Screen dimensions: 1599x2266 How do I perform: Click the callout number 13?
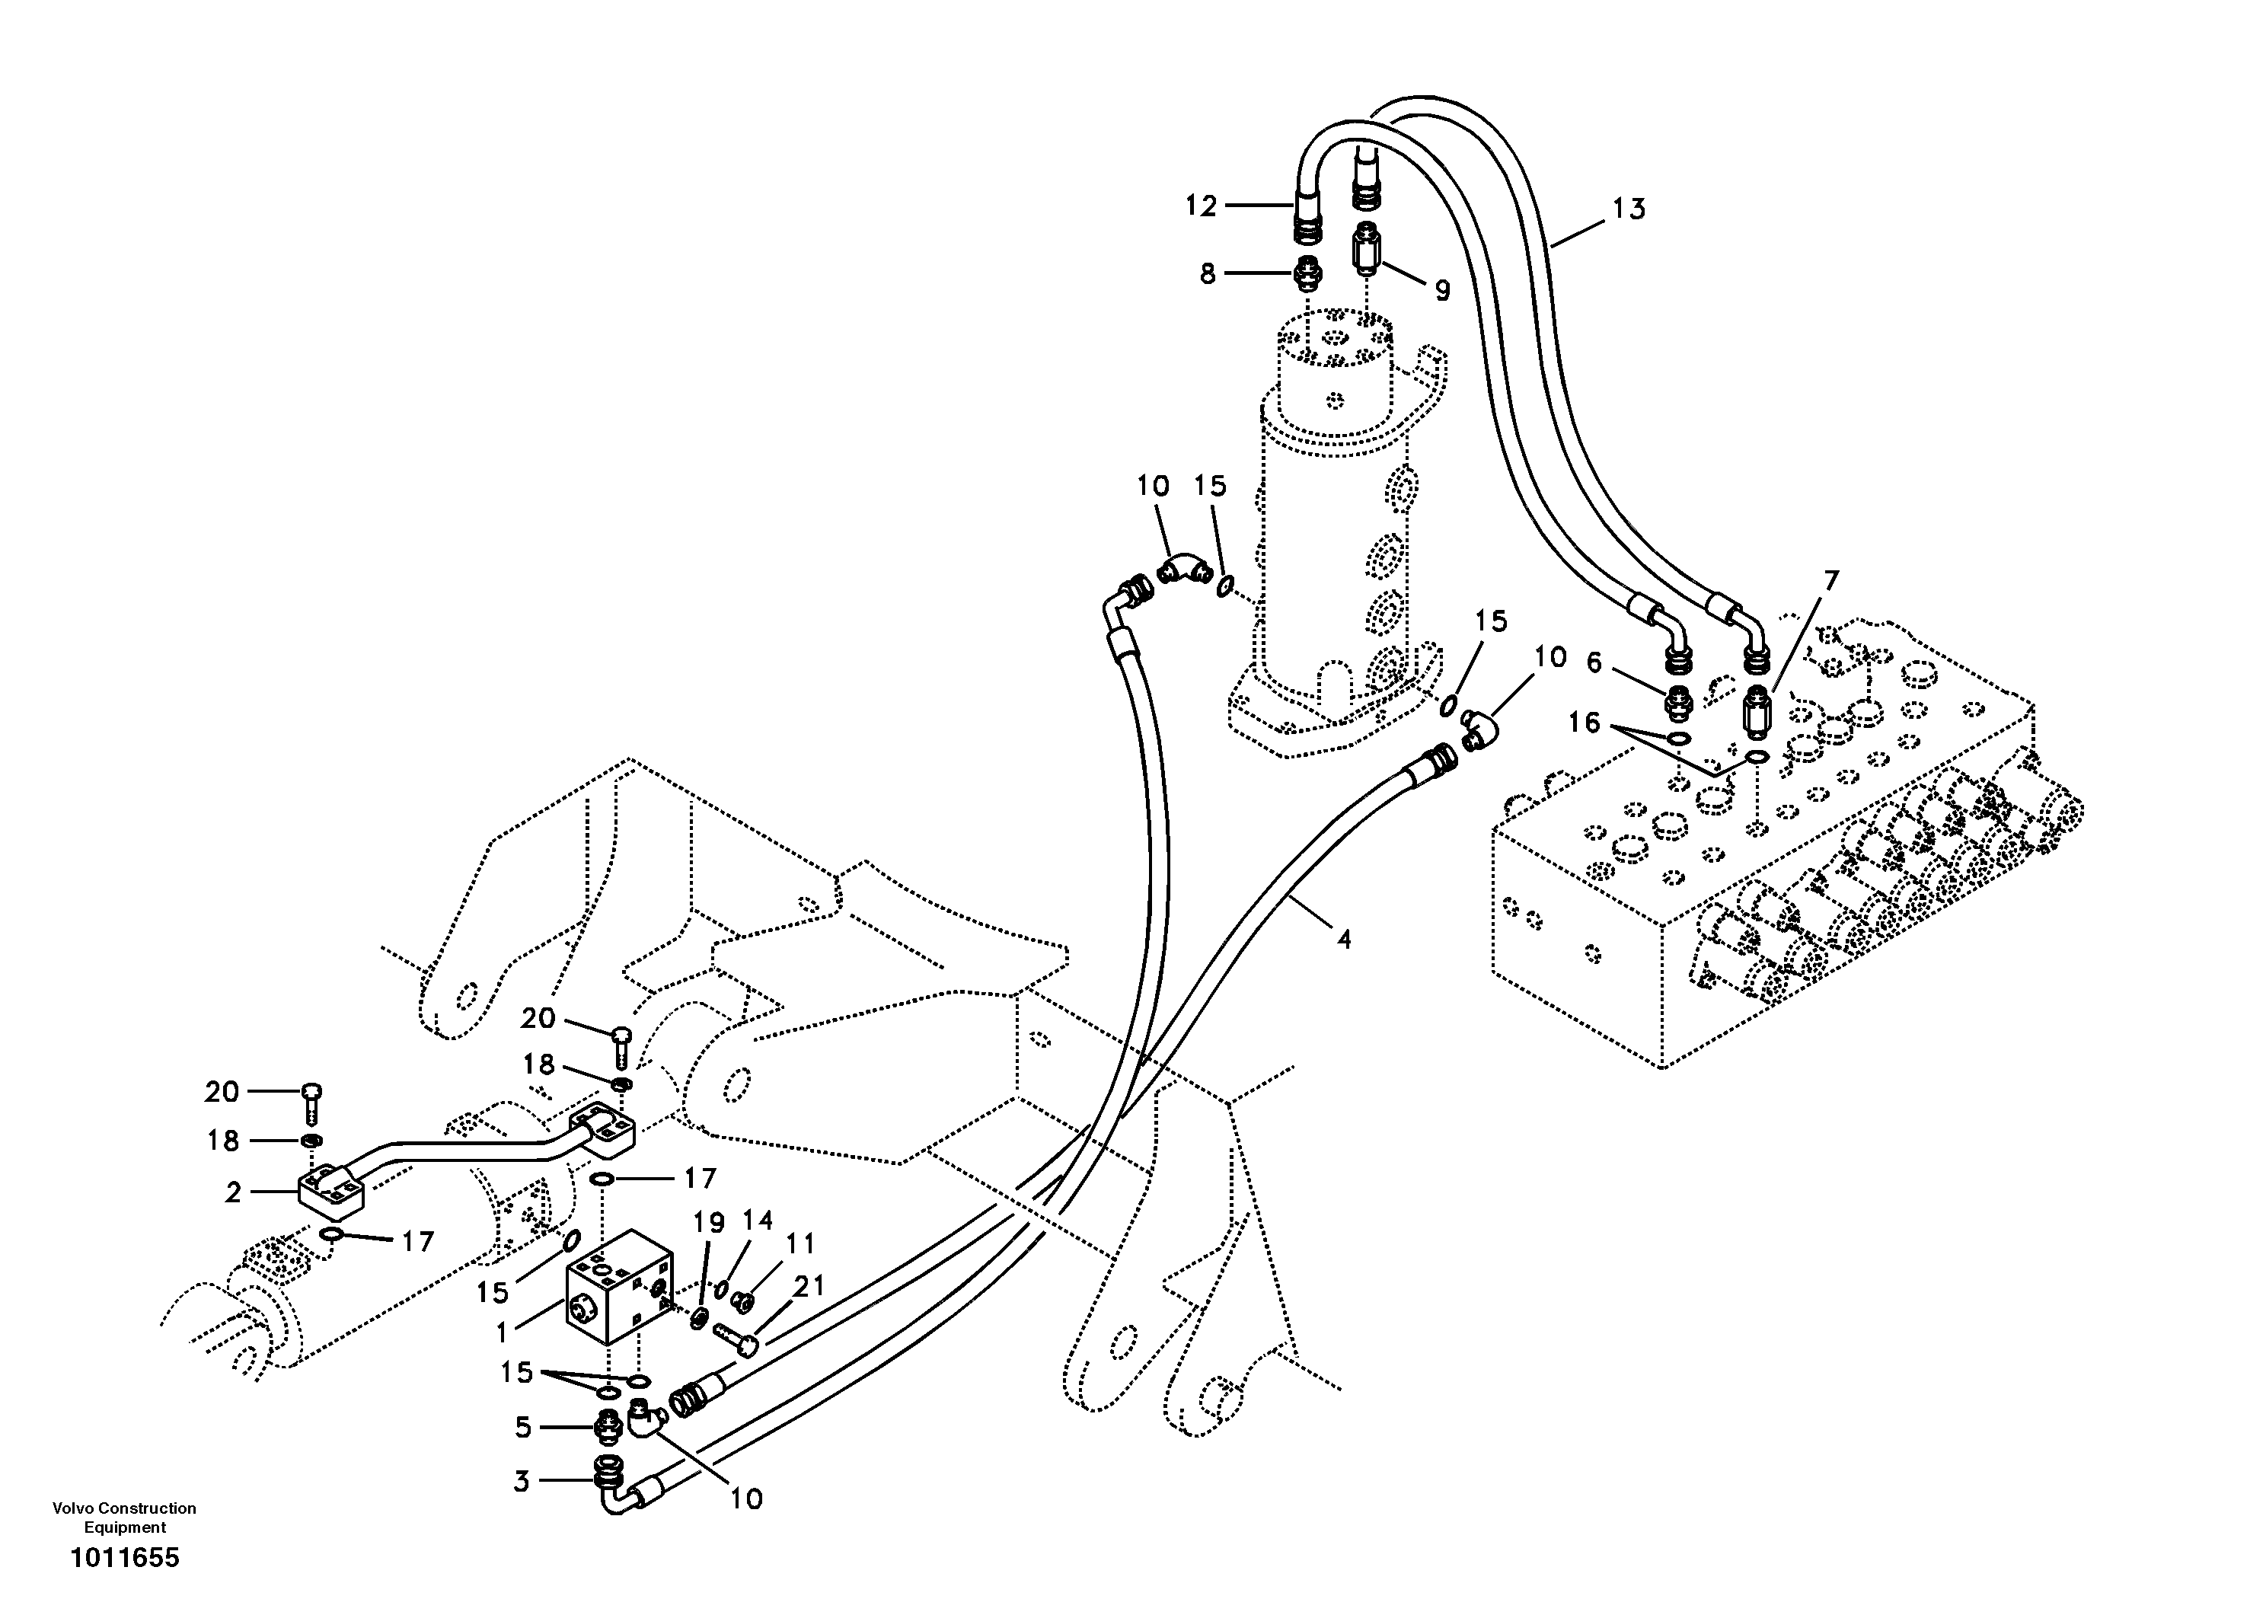point(1629,209)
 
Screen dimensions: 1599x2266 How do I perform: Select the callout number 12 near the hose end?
point(1201,206)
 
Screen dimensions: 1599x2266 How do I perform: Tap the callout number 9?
point(1442,290)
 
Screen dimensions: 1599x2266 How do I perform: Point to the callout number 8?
point(1208,274)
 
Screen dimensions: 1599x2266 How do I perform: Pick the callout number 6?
point(1594,663)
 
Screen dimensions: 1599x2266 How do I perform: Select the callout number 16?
point(1583,723)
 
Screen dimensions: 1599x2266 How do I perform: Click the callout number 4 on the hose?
point(1343,939)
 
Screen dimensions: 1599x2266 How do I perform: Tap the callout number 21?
point(809,1285)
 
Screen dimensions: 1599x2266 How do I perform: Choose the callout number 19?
point(709,1223)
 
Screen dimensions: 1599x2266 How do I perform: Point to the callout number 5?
point(522,1427)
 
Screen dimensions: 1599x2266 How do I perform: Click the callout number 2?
point(233,1192)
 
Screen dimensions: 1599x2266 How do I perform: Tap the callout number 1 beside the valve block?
point(501,1333)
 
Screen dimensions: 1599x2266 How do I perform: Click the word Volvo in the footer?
point(71,1508)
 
